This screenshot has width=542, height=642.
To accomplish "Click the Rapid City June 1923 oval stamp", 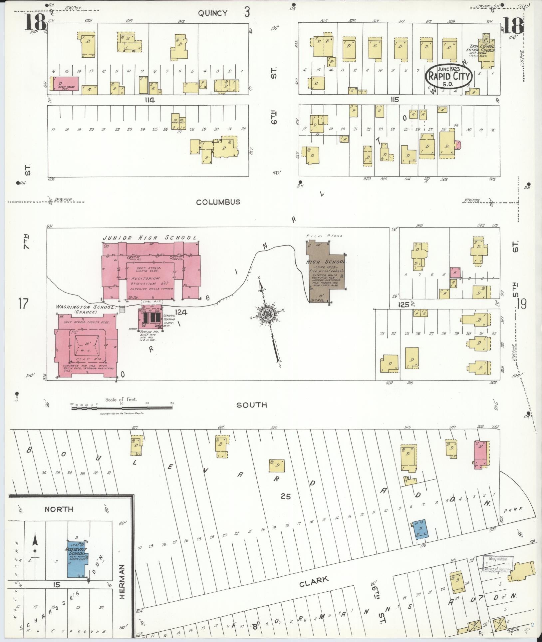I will (x=449, y=76).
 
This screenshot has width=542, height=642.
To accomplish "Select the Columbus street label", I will (x=218, y=202).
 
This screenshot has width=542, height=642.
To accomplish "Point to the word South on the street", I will (x=251, y=405).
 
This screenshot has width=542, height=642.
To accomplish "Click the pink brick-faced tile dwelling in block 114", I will (x=65, y=83).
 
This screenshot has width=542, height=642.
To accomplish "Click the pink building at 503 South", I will (x=482, y=454).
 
